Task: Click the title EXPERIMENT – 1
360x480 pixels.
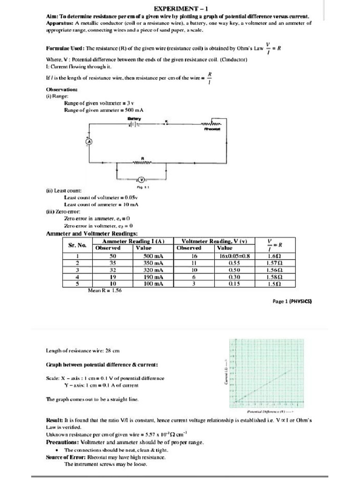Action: (x=180, y=9)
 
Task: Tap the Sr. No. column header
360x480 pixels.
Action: (x=77, y=244)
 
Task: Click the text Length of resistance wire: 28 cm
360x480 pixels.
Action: (x=83, y=350)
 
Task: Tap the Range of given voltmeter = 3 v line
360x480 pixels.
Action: (x=99, y=103)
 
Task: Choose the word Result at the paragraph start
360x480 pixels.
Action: (x=54, y=420)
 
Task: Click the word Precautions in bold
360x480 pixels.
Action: (x=62, y=442)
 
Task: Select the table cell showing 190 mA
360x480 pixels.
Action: (x=153, y=277)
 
